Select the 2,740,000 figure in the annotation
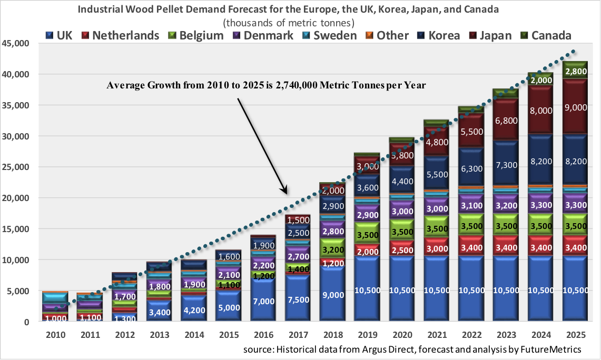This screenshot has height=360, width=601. [x=299, y=85]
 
